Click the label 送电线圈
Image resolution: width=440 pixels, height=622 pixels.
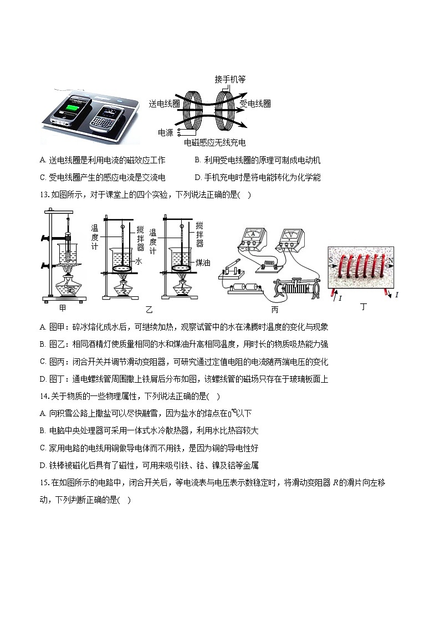click(x=164, y=104)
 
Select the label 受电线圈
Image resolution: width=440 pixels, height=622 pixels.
click(x=255, y=104)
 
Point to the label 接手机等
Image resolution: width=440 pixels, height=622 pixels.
click(x=230, y=79)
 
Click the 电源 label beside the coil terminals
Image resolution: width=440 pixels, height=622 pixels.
click(x=166, y=132)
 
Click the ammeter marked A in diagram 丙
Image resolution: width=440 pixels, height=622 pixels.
click(x=253, y=237)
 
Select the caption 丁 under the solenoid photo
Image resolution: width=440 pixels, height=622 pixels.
click(x=363, y=306)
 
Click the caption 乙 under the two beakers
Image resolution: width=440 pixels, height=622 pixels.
click(x=149, y=309)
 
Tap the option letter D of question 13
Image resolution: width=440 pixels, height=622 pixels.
click(x=43, y=379)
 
